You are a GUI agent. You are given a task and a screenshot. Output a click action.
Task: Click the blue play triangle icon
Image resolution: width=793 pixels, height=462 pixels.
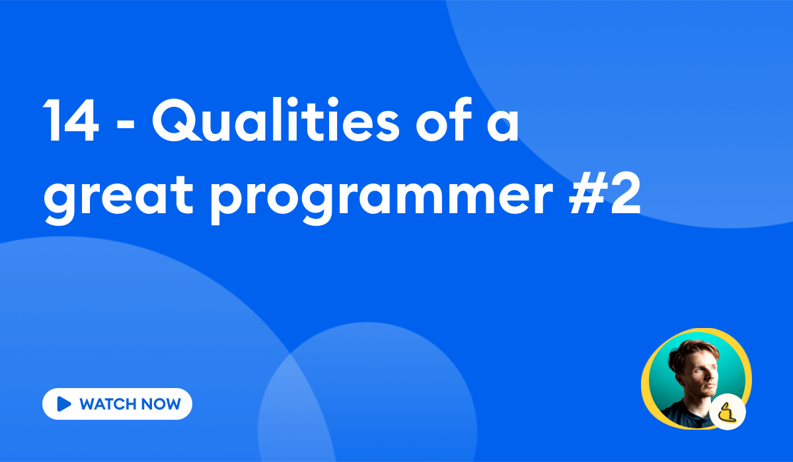pos(64,404)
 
